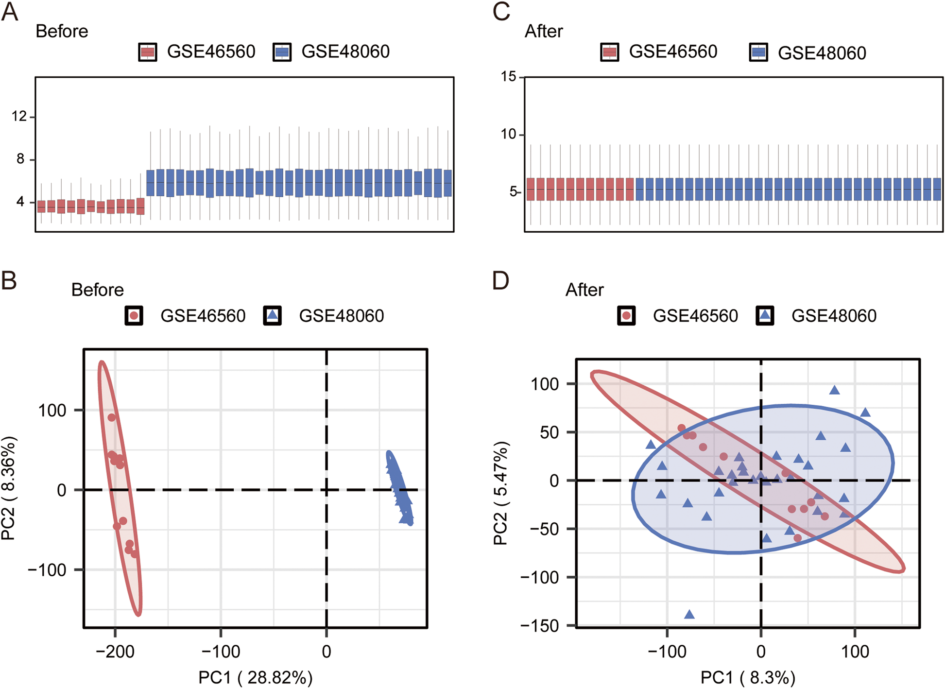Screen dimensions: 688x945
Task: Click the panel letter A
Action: (x=10, y=12)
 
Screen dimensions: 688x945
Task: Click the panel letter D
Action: (x=501, y=281)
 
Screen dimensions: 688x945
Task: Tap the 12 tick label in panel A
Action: (x=19, y=116)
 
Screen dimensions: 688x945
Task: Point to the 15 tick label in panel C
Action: (x=509, y=76)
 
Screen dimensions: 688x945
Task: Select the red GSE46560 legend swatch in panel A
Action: (x=148, y=52)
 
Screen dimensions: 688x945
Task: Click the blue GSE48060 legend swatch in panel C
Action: (x=758, y=52)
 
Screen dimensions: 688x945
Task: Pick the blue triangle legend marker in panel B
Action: (x=273, y=316)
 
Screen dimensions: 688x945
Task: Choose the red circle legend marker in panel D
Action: (x=627, y=316)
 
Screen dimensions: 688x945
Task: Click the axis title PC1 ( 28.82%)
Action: (x=256, y=677)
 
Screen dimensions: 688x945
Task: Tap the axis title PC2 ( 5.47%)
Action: (x=500, y=493)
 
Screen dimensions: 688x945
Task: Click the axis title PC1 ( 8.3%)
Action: (x=748, y=677)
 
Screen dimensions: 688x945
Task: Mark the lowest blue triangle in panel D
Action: (x=689, y=615)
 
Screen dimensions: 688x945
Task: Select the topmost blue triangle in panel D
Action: (x=835, y=390)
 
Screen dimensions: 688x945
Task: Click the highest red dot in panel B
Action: (x=112, y=417)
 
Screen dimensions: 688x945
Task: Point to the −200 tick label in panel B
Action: (x=115, y=651)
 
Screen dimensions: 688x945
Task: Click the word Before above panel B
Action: (x=97, y=290)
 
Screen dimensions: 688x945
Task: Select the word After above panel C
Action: (x=543, y=31)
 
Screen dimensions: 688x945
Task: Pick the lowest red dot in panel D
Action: (x=797, y=538)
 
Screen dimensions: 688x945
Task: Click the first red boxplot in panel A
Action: (x=41, y=206)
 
